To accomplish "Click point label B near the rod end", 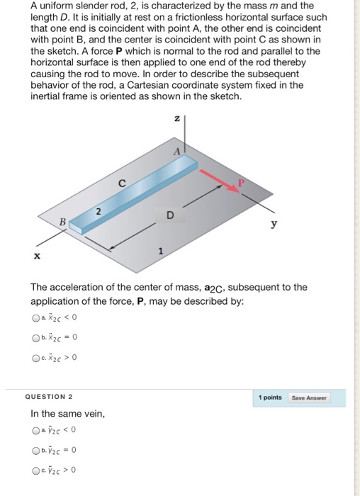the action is [62, 221].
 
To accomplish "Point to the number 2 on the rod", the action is [99, 210].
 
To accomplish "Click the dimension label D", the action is [169, 215].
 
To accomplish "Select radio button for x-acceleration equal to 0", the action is [35, 337].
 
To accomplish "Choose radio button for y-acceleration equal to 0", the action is [35, 450].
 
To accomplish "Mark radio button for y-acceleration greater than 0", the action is [35, 468].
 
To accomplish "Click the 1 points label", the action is [270, 398].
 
